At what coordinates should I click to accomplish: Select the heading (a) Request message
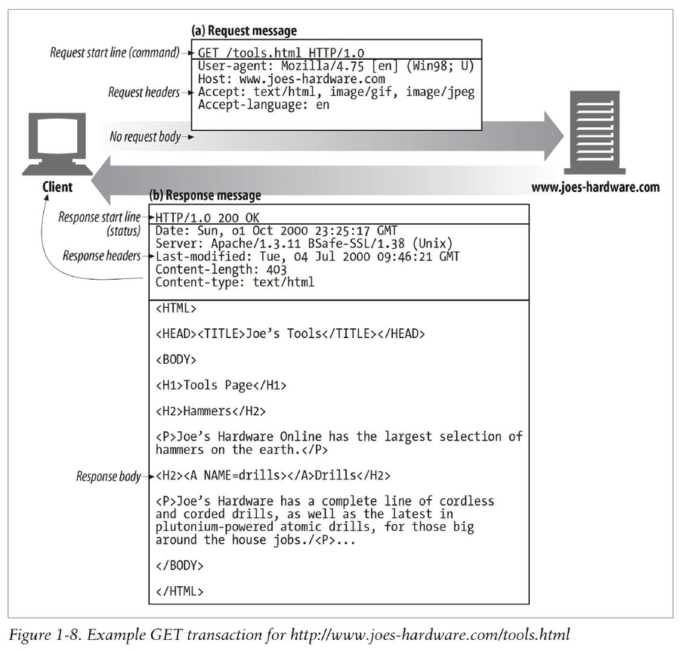[x=243, y=31]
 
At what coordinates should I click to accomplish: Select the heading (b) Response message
[x=206, y=195]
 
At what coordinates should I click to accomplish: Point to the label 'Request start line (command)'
[x=114, y=53]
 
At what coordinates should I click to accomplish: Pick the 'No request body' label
[x=145, y=137]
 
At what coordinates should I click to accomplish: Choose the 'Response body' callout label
[x=108, y=477]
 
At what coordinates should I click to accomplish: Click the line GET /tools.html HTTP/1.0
[x=280, y=53]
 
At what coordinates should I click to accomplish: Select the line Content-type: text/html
[x=234, y=282]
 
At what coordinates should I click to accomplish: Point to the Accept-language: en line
[x=264, y=104]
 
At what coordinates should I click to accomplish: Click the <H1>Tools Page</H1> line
[x=221, y=385]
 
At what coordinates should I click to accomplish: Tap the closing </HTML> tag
[x=180, y=591]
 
